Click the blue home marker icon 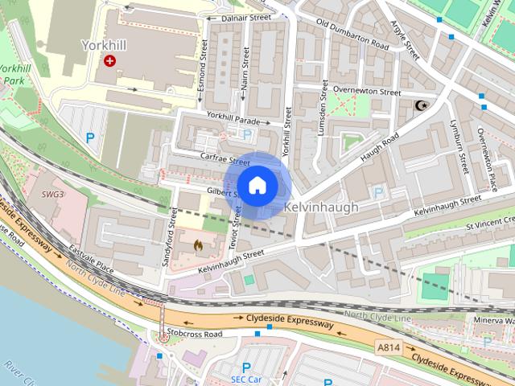coord(257,186)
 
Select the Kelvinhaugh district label coord(321,207)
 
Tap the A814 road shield coord(388,347)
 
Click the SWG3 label coord(54,195)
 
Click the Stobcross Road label coord(194,334)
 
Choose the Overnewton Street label coord(367,92)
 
